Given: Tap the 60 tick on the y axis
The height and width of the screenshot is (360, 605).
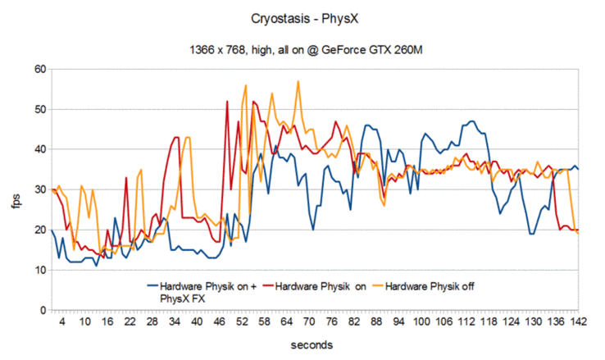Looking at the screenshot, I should pyautogui.click(x=38, y=69).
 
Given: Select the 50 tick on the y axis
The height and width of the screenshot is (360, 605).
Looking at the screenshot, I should pyautogui.click(x=38, y=109).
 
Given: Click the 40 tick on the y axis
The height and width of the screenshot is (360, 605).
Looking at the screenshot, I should pyautogui.click(x=38, y=149).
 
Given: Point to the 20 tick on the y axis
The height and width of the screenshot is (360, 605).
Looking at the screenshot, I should pyautogui.click(x=38, y=230).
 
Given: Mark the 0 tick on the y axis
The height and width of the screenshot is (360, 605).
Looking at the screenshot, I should pyautogui.click(x=41, y=311).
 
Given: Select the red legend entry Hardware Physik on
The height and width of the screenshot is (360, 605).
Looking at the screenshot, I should pyautogui.click(x=319, y=286).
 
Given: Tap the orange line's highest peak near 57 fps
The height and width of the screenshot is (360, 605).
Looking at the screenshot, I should pyautogui.click(x=298, y=81).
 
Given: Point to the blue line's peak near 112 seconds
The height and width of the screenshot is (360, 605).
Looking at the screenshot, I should pyautogui.click(x=471, y=121).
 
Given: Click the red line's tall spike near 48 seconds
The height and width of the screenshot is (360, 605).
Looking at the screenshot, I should pyautogui.click(x=227, y=101).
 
